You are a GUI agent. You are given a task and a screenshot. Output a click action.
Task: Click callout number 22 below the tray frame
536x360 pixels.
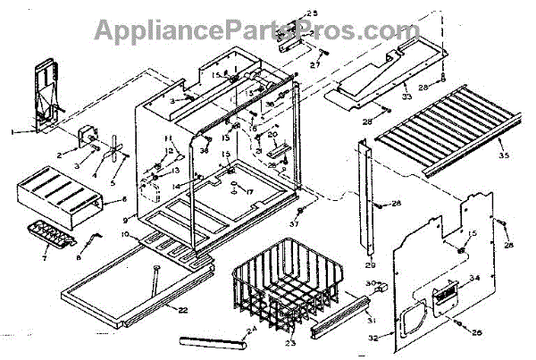pos(183,310)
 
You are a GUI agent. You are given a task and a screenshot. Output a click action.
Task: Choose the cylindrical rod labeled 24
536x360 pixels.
pos(213,343)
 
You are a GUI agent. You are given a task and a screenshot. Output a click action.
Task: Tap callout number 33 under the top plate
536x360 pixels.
pos(406,96)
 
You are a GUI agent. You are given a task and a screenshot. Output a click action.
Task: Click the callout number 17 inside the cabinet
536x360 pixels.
pos(251,192)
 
